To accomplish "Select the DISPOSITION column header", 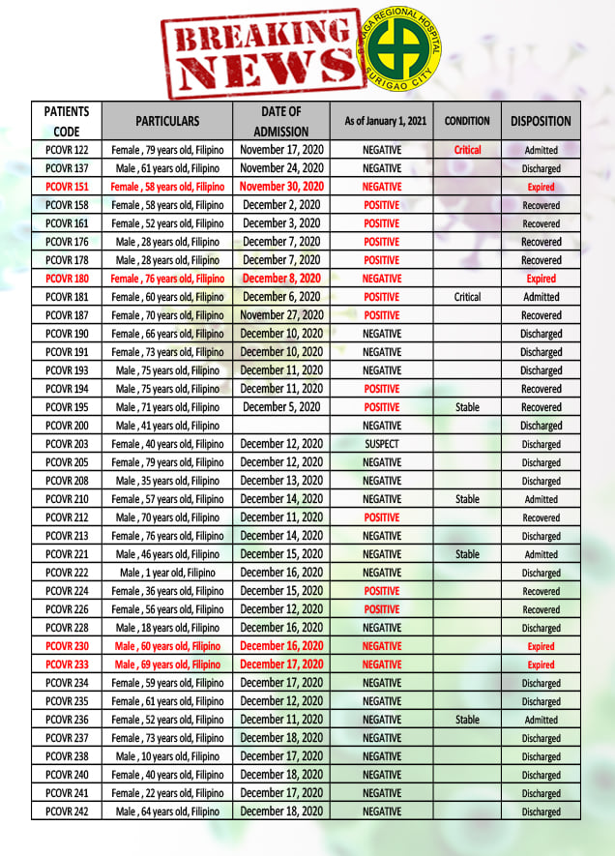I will (541, 122).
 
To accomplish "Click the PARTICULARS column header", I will (167, 122).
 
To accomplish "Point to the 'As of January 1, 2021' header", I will (381, 122).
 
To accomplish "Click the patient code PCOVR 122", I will (67, 150).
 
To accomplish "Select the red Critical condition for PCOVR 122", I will (467, 150).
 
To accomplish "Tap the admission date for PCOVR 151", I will (281, 187).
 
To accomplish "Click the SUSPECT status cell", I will (382, 444).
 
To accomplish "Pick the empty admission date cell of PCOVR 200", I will (281, 426).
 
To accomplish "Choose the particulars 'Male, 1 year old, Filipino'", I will (167, 573).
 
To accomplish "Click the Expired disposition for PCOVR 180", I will (541, 279).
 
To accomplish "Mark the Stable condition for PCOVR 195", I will (467, 407).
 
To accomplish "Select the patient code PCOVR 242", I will (67, 811).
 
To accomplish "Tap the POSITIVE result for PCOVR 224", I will (382, 591).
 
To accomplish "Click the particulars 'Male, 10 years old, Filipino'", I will (167, 756).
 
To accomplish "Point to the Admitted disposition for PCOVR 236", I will (541, 720).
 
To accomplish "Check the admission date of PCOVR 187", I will (281, 315).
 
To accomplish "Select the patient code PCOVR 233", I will (67, 664).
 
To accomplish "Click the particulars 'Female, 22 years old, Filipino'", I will (167, 793).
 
